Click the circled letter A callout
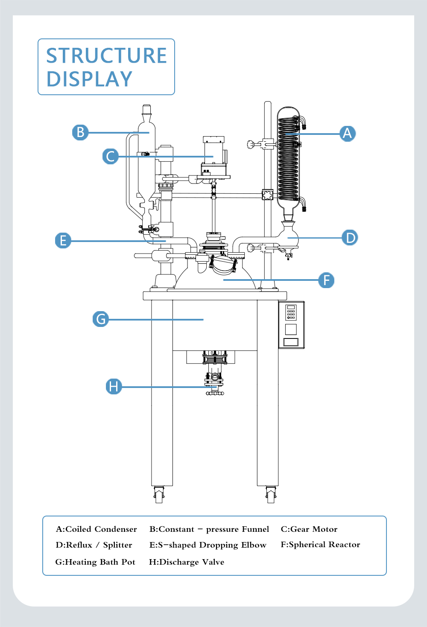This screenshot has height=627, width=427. click(348, 134)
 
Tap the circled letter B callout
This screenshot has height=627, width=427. click(80, 132)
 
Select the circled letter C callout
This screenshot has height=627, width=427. click(111, 156)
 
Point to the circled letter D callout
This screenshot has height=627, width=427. click(350, 238)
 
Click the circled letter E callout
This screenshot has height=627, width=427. click(63, 240)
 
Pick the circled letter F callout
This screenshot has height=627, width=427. click(326, 280)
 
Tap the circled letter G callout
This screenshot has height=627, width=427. click(101, 319)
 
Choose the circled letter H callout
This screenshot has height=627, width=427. click(114, 387)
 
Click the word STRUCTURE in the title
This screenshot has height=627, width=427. click(106, 55)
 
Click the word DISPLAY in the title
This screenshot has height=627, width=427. click(89, 79)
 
